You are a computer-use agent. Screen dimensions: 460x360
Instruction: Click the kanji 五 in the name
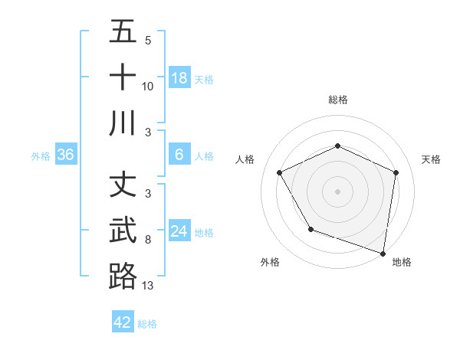[123, 33]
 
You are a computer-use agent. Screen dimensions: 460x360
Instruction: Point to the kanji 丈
[123, 185]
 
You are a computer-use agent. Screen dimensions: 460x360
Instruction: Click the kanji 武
[123, 231]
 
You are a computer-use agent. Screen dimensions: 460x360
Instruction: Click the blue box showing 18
[179, 78]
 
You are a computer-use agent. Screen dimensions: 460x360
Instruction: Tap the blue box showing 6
[179, 155]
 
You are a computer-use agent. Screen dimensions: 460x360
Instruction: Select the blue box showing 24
[179, 231]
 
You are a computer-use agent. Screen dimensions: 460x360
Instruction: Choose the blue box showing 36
[66, 155]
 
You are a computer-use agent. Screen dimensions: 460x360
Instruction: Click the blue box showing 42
[123, 322]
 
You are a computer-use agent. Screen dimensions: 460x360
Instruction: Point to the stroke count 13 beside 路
[148, 285]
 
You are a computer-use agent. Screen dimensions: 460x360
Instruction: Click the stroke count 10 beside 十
[148, 86]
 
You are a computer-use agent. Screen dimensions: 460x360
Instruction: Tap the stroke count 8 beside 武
[148, 240]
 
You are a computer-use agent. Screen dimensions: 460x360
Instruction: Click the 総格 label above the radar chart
[337, 100]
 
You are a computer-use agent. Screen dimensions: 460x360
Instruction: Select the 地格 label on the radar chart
[402, 262]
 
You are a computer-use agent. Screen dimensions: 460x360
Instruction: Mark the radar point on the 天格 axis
[396, 172]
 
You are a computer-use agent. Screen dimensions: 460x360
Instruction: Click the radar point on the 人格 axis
[280, 172]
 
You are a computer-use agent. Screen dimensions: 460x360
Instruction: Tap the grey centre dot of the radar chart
[337, 191]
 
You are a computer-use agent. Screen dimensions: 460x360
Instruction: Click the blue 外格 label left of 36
[41, 156]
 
